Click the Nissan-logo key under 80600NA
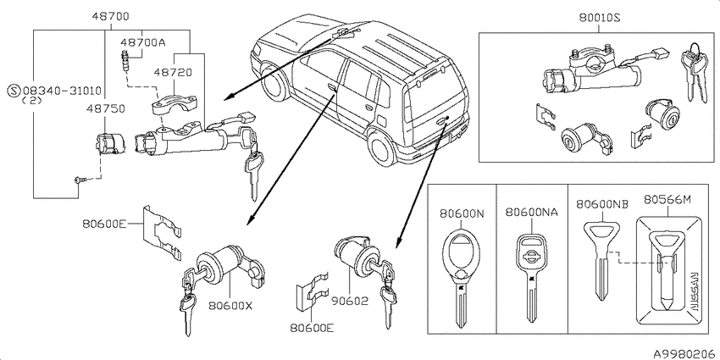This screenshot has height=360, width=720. click(x=531, y=271)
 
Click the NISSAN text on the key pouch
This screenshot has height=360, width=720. click(x=693, y=293)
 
